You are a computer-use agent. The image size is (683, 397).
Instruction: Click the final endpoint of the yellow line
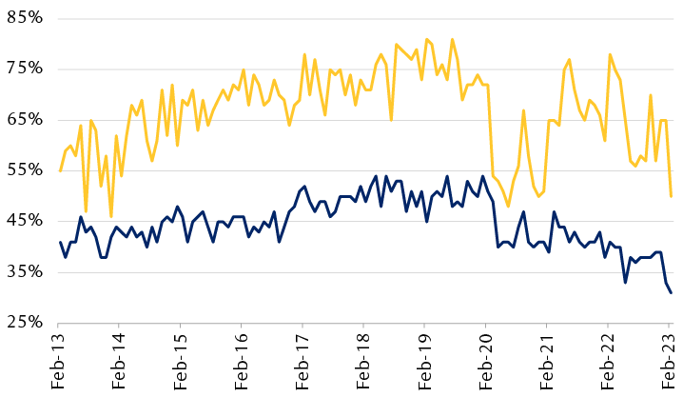tap(672, 196)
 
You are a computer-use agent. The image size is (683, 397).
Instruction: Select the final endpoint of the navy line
tap(672, 292)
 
